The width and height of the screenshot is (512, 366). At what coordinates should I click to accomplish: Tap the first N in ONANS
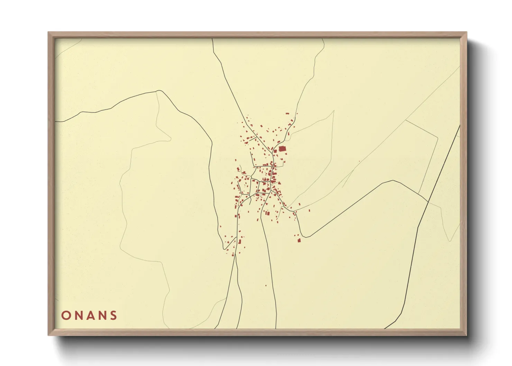pyautogui.click(x=78, y=315)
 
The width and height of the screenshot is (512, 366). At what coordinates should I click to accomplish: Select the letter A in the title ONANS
pyautogui.click(x=90, y=315)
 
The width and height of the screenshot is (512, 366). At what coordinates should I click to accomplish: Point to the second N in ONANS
pyautogui.click(x=101, y=315)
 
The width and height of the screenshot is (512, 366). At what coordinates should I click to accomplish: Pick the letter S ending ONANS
pyautogui.click(x=113, y=315)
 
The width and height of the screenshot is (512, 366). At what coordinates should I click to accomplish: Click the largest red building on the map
pyautogui.click(x=283, y=149)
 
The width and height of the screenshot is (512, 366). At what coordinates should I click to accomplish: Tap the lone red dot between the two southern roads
pyautogui.click(x=266, y=285)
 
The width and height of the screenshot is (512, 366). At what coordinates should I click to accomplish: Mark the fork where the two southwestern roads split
pyautogui.click(x=235, y=256)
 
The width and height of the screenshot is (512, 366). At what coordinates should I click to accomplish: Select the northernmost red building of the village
pyautogui.click(x=287, y=113)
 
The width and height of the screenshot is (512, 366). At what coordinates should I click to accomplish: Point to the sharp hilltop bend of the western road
pyautogui.click(x=159, y=91)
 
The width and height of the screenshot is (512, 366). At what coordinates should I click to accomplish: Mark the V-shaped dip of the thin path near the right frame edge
pyautogui.click(x=450, y=241)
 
